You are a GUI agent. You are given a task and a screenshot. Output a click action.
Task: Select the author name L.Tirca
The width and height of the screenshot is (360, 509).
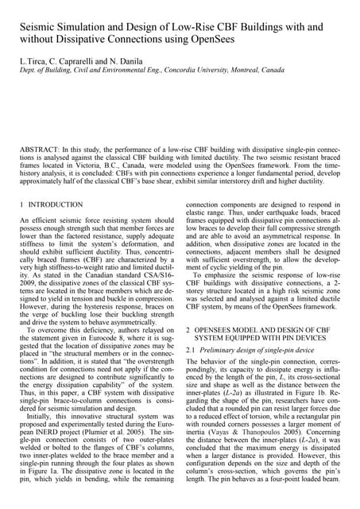(33, 61)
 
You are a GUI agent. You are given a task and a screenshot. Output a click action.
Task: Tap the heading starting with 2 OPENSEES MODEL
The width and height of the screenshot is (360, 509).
(262, 328)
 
